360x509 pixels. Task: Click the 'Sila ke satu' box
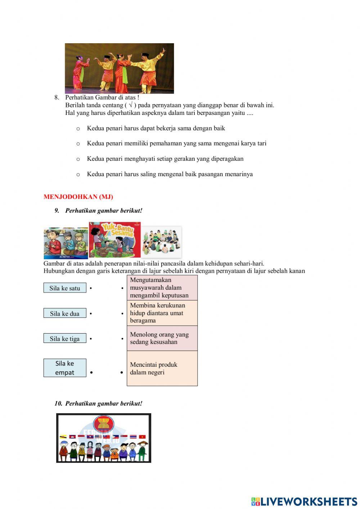65,288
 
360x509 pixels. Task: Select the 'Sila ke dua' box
65,313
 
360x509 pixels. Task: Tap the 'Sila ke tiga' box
65,339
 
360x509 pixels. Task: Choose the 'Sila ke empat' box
65,368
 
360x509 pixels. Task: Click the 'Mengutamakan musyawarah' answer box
162,287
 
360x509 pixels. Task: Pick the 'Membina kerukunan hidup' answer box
162,313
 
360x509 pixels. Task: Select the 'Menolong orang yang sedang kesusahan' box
162,338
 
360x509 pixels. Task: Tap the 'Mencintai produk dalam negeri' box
162,368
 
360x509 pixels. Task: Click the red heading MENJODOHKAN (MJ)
78,197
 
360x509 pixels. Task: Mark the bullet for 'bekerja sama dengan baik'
78,129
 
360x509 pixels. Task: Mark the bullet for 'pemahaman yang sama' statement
78,144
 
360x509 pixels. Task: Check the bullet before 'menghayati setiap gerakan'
78,159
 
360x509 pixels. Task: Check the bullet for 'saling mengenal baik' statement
78,175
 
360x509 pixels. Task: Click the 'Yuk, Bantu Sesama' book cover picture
114,240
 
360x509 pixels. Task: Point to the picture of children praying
66,243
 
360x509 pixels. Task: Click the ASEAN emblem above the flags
103,424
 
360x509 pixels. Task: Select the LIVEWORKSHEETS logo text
309,501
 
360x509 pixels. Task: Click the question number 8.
57,97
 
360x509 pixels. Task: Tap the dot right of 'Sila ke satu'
91,288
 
